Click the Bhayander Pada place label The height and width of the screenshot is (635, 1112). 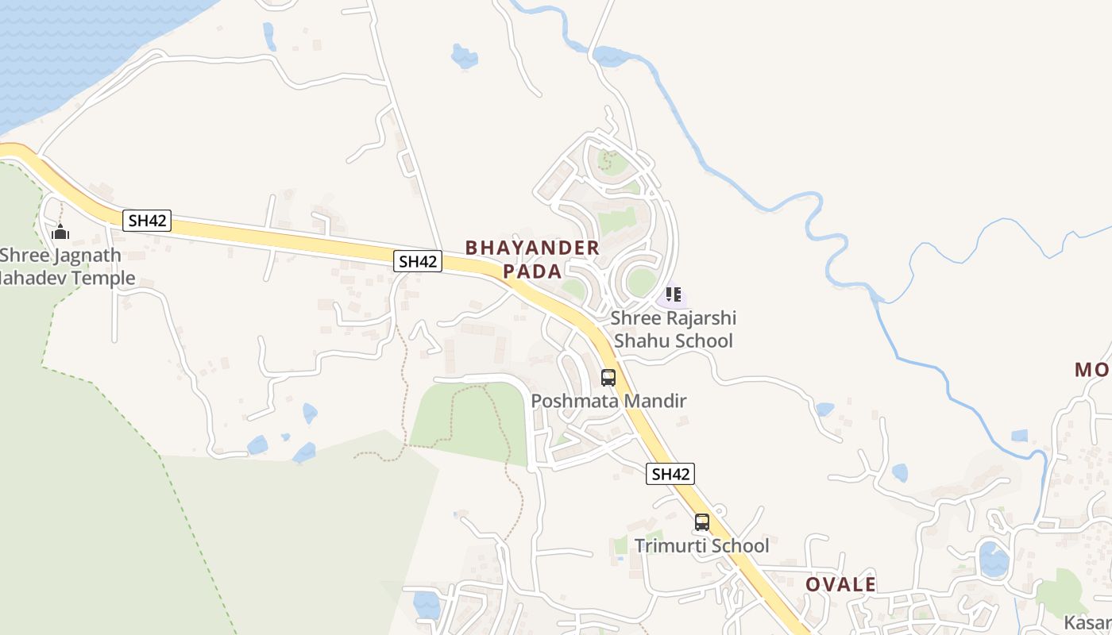(x=532, y=259)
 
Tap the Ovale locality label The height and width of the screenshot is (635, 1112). (x=840, y=585)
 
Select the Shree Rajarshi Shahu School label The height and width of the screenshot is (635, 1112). (x=673, y=329)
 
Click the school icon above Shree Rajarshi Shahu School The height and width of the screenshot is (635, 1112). (x=674, y=295)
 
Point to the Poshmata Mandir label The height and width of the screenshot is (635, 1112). (x=608, y=401)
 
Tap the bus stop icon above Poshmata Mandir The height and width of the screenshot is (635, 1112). (x=608, y=378)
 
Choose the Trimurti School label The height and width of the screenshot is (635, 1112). (x=701, y=546)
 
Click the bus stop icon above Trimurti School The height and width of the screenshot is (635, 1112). (x=702, y=522)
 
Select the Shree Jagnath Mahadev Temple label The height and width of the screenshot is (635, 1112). (x=64, y=267)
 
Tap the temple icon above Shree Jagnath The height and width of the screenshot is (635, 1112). (x=60, y=233)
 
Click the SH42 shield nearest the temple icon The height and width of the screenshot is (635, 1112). (x=147, y=221)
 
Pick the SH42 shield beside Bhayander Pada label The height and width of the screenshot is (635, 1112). (x=418, y=261)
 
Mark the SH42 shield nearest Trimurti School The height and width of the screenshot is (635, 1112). (x=670, y=474)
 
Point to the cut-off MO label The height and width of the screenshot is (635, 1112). (x=1093, y=370)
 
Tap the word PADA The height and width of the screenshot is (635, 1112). (x=532, y=271)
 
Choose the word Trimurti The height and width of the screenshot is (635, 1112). (x=669, y=546)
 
